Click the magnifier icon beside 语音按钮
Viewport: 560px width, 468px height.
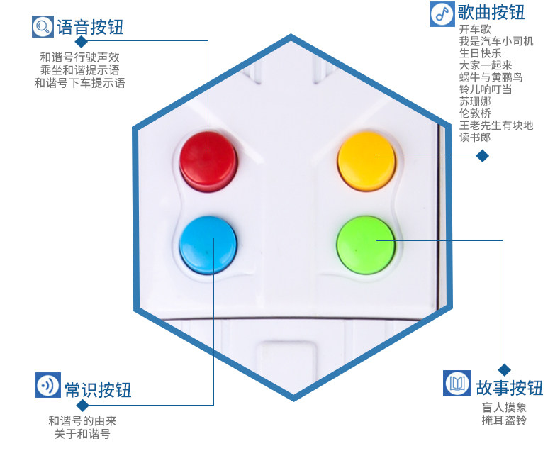click(43, 27)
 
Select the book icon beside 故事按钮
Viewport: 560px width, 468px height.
click(457, 384)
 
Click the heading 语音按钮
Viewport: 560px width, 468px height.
click(90, 28)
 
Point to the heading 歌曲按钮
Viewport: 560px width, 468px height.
click(491, 13)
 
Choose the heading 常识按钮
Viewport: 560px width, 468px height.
click(98, 390)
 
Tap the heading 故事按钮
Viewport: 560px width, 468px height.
click(510, 387)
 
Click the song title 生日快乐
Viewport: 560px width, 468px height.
click(480, 53)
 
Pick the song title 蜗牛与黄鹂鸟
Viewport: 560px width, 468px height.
click(490, 77)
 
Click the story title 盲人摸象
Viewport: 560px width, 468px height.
click(504, 408)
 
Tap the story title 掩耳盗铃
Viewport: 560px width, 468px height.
click(504, 420)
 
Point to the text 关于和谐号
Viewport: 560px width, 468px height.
click(82, 434)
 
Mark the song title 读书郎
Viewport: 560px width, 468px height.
click(474, 138)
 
